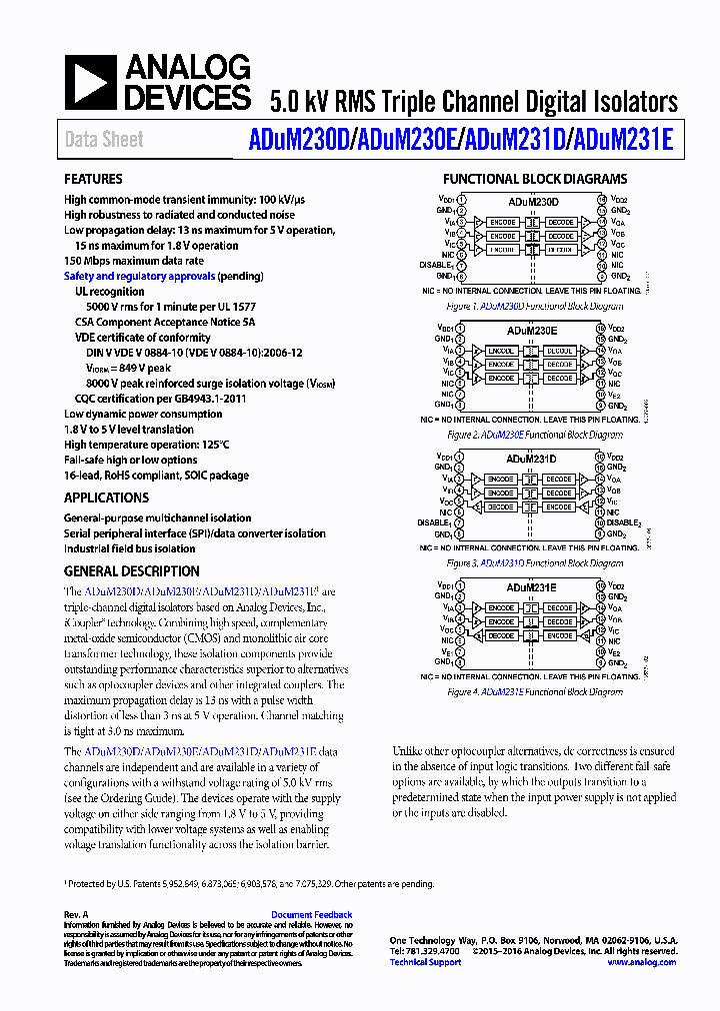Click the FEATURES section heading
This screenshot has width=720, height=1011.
pyautogui.click(x=94, y=180)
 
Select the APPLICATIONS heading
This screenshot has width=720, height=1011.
pyautogui.click(x=106, y=498)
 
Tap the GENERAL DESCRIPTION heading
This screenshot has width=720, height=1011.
pyautogui.click(x=131, y=571)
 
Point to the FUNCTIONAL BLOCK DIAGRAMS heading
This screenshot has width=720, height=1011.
pyautogui.click(x=535, y=180)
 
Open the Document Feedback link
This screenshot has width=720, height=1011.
pyautogui.click(x=312, y=914)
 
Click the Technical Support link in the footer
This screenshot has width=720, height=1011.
pyautogui.click(x=425, y=962)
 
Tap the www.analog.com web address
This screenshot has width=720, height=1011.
pyautogui.click(x=641, y=962)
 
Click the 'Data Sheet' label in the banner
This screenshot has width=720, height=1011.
pyautogui.click(x=104, y=140)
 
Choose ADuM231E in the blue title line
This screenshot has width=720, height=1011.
pyautogui.click(x=620, y=140)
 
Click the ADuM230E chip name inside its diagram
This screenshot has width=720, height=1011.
pyautogui.click(x=532, y=330)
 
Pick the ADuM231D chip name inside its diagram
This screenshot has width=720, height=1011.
pyautogui.click(x=532, y=459)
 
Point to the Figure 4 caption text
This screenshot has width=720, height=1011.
pyautogui.click(x=534, y=691)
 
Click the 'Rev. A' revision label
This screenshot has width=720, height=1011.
pyautogui.click(x=77, y=914)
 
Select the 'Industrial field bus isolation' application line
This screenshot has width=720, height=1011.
pyautogui.click(x=130, y=548)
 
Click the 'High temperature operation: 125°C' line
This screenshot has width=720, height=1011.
pyautogui.click(x=147, y=445)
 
